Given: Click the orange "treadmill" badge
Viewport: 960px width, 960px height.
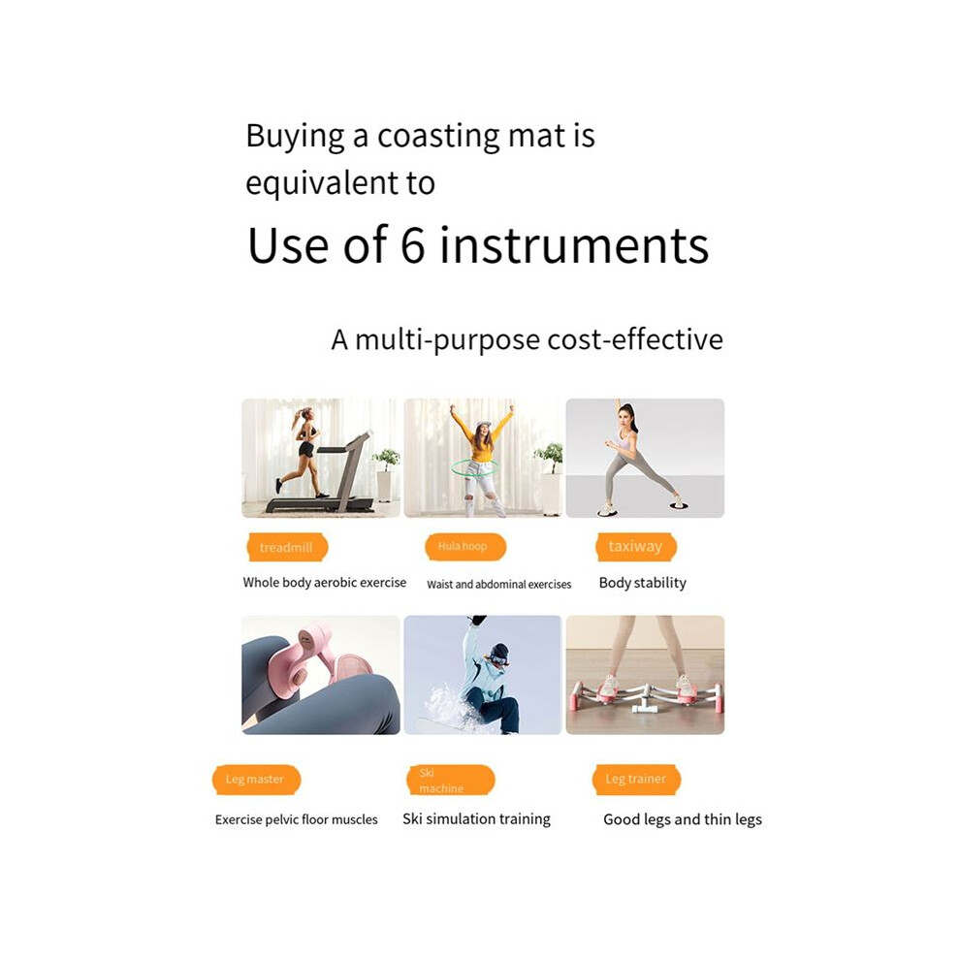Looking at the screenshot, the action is [x=287, y=547].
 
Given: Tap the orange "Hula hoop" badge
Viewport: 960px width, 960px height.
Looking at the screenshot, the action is [x=465, y=546].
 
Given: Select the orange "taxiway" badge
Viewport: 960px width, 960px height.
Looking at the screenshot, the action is [x=636, y=546].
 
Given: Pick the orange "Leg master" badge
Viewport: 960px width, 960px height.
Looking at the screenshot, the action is [x=257, y=780].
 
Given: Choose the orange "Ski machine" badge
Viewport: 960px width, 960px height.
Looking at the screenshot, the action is [x=451, y=780].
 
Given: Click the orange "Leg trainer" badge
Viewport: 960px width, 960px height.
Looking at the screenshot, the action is [x=637, y=780].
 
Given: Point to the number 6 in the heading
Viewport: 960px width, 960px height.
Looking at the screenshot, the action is [x=413, y=245].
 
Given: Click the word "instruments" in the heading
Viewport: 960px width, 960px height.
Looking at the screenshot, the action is [x=574, y=245].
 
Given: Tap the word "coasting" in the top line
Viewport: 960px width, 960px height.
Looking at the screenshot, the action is [x=437, y=137].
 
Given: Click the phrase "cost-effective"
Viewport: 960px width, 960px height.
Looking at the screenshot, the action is [x=635, y=339].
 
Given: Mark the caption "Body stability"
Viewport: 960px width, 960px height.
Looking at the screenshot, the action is [x=642, y=583].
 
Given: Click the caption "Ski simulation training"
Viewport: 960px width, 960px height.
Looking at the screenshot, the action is [x=476, y=819].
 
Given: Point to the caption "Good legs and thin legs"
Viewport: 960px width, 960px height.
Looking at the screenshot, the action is [x=683, y=819].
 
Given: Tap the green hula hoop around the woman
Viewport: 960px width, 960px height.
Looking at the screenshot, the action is [x=475, y=468].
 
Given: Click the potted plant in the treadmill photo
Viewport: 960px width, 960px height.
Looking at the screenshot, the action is [x=386, y=474].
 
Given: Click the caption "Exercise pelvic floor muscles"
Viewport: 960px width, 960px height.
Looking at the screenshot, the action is [x=297, y=819].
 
